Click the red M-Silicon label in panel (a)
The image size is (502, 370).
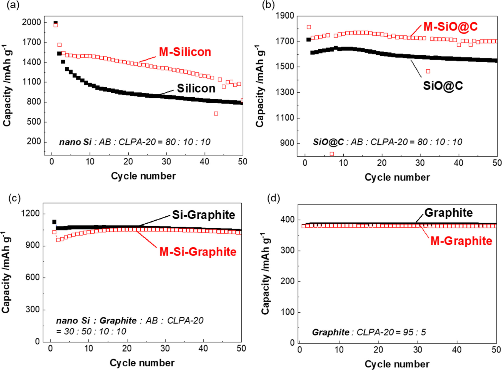point(185,52)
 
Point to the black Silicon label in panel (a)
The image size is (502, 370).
point(196,88)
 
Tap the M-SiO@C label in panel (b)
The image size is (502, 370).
point(450,27)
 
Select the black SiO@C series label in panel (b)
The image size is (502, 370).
point(443,85)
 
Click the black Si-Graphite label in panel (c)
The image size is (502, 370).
point(204,215)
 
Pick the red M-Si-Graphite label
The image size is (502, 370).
point(198,252)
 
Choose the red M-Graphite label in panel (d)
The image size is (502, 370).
point(461,241)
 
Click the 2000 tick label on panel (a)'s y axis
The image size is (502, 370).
point(31,22)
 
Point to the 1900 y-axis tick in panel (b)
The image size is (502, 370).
point(285,16)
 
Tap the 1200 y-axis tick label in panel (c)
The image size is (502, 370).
point(30,213)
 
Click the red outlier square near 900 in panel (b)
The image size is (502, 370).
point(332,154)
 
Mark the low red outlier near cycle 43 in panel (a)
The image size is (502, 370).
point(216,114)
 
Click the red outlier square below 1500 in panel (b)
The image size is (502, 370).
point(428,71)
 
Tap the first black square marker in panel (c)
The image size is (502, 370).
point(54,222)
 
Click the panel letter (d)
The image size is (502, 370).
point(273,198)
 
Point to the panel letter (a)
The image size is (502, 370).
point(13,5)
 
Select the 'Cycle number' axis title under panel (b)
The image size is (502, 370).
point(397,177)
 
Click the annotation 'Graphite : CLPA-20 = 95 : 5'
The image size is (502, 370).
point(369,332)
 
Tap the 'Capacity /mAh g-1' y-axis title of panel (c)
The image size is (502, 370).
point(6,272)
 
